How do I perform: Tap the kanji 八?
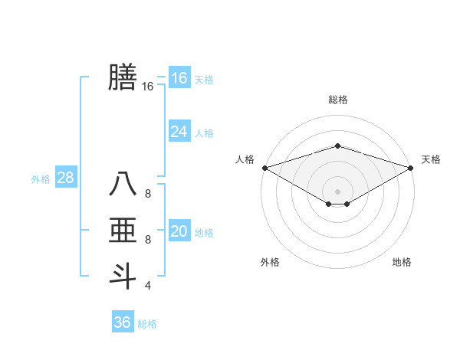click(122, 185)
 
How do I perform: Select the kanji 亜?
click(122, 231)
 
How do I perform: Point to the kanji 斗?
click(122, 276)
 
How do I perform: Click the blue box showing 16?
click(179, 77)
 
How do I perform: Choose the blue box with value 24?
click(179, 132)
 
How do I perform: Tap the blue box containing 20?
click(179, 231)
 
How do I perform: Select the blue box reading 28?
click(66, 178)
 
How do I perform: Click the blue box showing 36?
click(123, 322)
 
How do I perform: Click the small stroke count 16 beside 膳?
click(148, 87)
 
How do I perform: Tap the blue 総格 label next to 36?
click(147, 324)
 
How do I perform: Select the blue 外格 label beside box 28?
click(41, 179)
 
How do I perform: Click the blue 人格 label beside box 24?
click(205, 133)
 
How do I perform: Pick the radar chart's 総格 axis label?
click(337, 100)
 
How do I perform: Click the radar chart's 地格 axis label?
click(402, 263)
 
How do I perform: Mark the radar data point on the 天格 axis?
click(411, 168)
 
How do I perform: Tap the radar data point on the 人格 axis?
click(264, 168)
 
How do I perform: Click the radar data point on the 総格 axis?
click(337, 146)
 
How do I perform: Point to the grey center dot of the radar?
click(337, 191)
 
